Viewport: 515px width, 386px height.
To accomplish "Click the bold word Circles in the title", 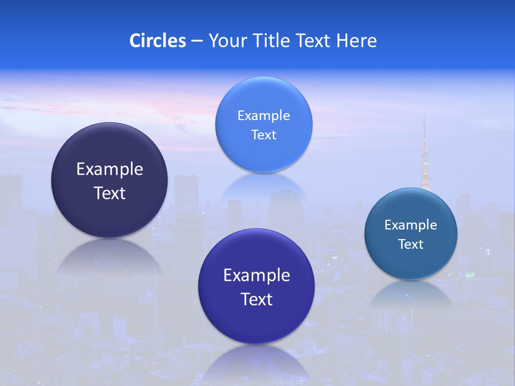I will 157,41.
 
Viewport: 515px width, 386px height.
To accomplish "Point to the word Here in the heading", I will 357,41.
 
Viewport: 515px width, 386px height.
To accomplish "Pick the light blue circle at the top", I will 263,96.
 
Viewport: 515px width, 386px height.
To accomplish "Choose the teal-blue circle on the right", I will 410,263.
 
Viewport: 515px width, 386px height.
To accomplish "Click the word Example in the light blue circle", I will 263,116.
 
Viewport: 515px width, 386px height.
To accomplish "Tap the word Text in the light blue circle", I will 263,135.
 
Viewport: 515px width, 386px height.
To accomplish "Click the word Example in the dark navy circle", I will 109,169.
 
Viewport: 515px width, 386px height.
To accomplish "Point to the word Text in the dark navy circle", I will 109,193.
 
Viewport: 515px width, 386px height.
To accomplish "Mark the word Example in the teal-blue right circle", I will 410,225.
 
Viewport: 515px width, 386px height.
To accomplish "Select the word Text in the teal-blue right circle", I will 410,244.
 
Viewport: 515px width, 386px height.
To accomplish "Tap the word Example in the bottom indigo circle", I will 256,276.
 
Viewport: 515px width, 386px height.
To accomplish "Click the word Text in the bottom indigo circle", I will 256,299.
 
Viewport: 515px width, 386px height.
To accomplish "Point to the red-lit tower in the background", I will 425,161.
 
